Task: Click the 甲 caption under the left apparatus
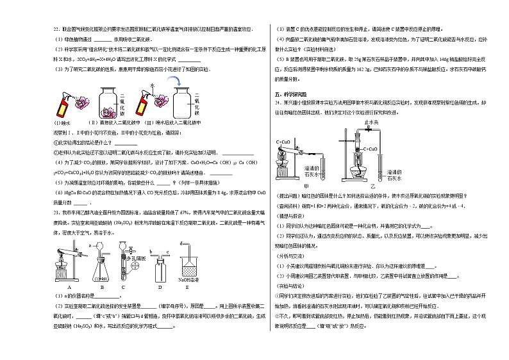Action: pos(305,185)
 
